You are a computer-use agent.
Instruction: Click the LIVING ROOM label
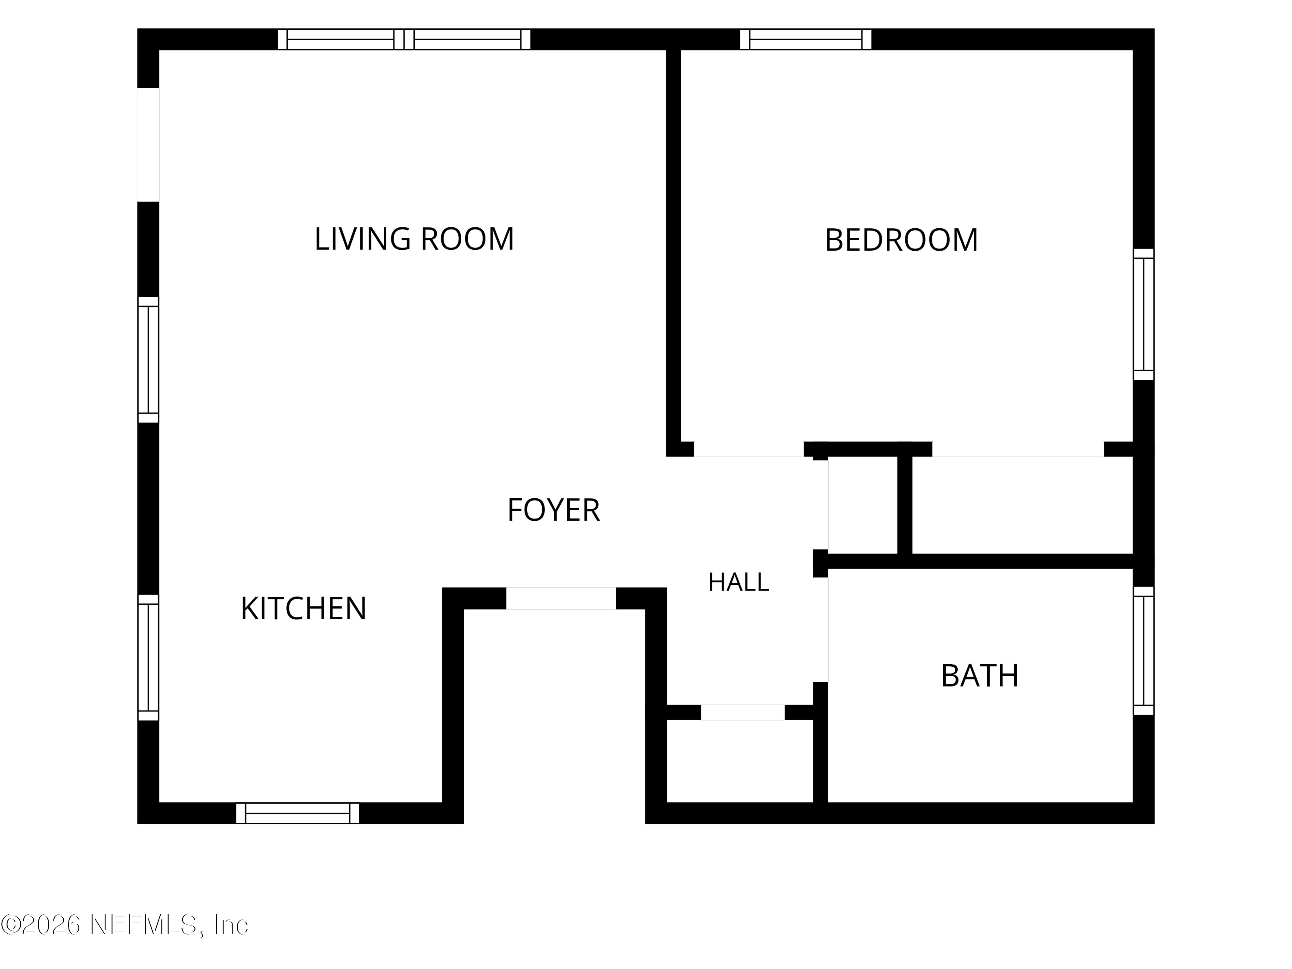click(x=414, y=239)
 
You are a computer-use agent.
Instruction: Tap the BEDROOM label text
click(x=901, y=240)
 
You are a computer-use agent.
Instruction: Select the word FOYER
click(x=553, y=510)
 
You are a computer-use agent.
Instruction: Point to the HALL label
click(x=738, y=582)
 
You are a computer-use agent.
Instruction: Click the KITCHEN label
click(x=303, y=609)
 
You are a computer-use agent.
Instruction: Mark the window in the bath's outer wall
click(x=1144, y=651)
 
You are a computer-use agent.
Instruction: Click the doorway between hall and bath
click(x=821, y=630)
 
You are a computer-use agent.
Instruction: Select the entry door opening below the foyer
click(x=561, y=599)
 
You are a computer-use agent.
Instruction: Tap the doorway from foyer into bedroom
click(x=749, y=449)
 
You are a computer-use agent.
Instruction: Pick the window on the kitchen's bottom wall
click(x=297, y=813)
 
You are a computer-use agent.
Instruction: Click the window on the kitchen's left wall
click(x=148, y=658)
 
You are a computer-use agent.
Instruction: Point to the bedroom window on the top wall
click(x=805, y=39)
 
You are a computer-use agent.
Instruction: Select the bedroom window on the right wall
click(x=1144, y=314)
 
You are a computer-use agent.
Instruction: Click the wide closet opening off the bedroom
click(x=1018, y=449)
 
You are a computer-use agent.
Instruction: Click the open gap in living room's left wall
click(x=148, y=145)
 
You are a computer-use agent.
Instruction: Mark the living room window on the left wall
click(x=148, y=360)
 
